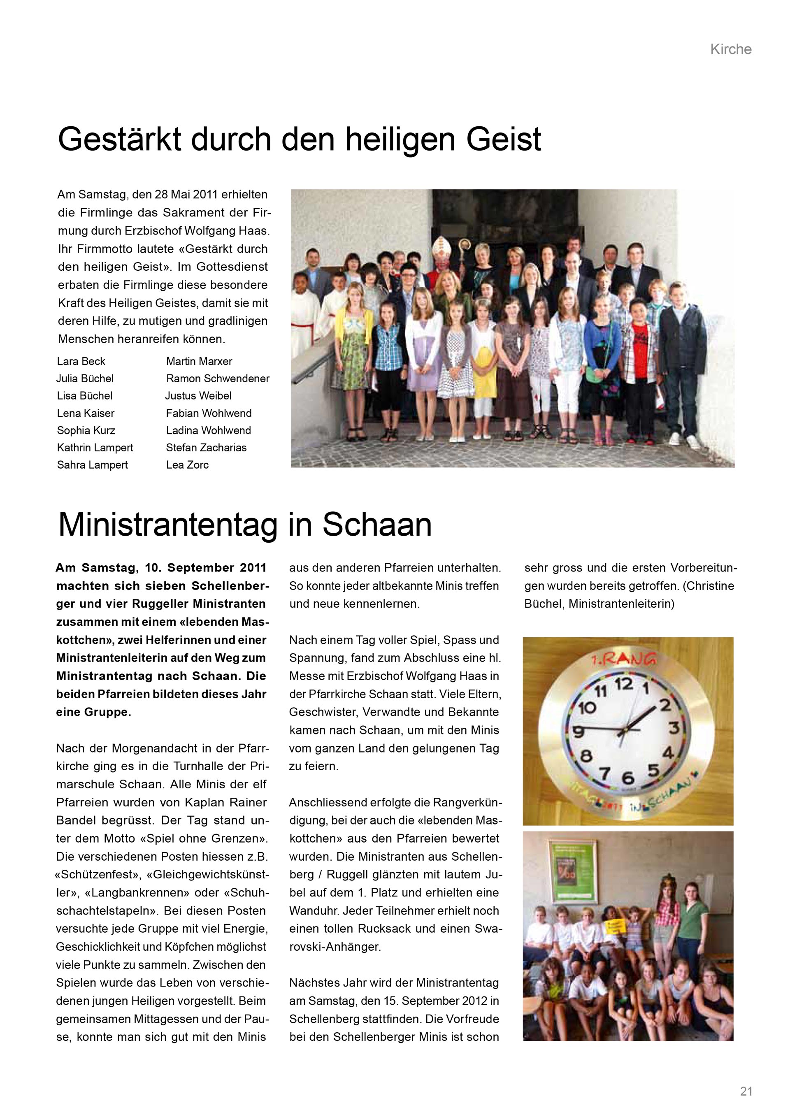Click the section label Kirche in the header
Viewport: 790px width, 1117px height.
pyautogui.click(x=730, y=49)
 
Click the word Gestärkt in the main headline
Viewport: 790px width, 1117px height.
pyautogui.click(x=120, y=139)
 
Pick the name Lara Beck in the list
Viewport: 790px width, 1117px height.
pyautogui.click(x=81, y=362)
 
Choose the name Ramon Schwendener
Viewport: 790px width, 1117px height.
pyautogui.click(x=217, y=379)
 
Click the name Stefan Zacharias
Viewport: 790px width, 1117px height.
pyautogui.click(x=206, y=448)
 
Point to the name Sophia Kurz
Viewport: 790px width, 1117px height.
pyautogui.click(x=86, y=431)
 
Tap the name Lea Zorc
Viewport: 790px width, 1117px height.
pyautogui.click(x=187, y=465)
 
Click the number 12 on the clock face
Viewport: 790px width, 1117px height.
pyautogui.click(x=623, y=685)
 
